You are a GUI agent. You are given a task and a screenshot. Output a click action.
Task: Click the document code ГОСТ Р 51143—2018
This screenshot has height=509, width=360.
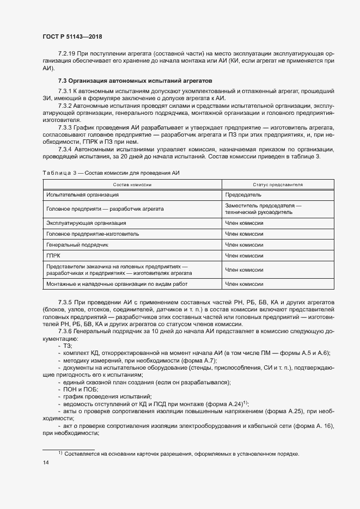[72, 36]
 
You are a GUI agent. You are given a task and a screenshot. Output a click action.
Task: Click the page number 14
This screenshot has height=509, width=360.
[46, 463]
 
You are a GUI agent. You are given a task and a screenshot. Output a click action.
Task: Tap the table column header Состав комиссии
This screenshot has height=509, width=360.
[132, 185]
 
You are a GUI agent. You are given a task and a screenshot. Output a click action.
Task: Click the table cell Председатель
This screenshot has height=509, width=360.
[243, 194]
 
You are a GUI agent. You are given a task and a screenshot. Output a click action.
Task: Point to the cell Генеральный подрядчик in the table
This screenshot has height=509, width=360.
[77, 244]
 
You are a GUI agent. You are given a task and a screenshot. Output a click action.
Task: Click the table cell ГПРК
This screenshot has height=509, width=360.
[55, 255]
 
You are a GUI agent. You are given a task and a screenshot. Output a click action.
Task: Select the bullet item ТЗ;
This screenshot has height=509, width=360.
[68, 346]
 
